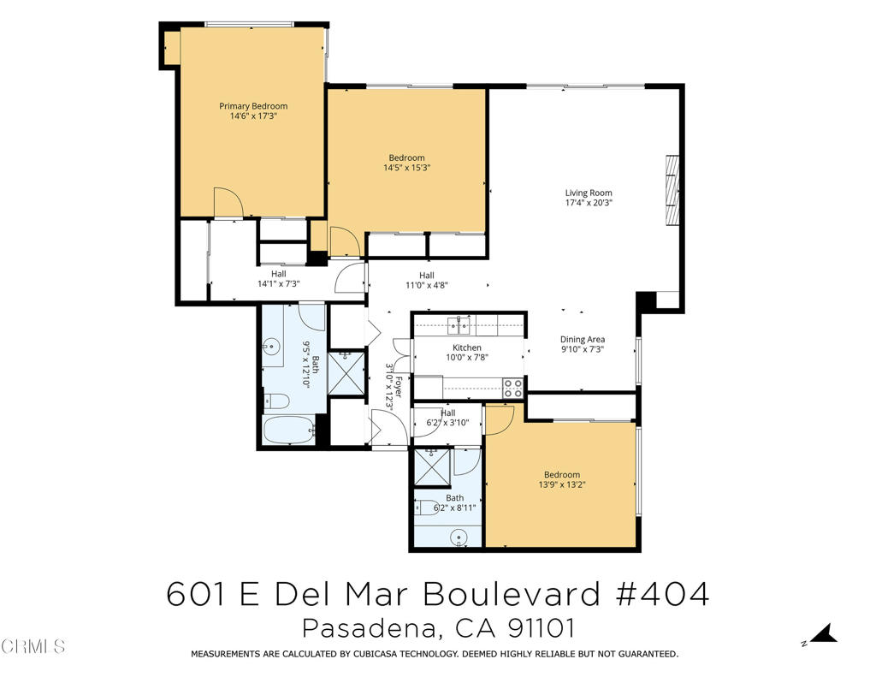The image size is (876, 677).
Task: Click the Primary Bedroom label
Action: [253, 106]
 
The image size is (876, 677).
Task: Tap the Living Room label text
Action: [589, 193]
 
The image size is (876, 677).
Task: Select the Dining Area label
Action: [583, 339]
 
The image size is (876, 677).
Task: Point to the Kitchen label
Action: [467, 347]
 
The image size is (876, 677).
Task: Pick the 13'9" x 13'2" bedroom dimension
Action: [562, 484]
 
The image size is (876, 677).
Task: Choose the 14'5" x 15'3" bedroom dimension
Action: [406, 168]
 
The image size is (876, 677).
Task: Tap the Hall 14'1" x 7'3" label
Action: [278, 279]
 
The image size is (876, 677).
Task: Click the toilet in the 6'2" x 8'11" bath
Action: [428, 506]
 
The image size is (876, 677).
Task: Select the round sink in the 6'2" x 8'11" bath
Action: [459, 537]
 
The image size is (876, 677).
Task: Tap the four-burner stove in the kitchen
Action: [512, 388]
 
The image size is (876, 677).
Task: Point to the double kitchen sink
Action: [459, 324]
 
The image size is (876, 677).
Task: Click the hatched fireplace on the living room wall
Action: [672, 189]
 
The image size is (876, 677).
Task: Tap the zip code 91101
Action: [540, 628]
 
